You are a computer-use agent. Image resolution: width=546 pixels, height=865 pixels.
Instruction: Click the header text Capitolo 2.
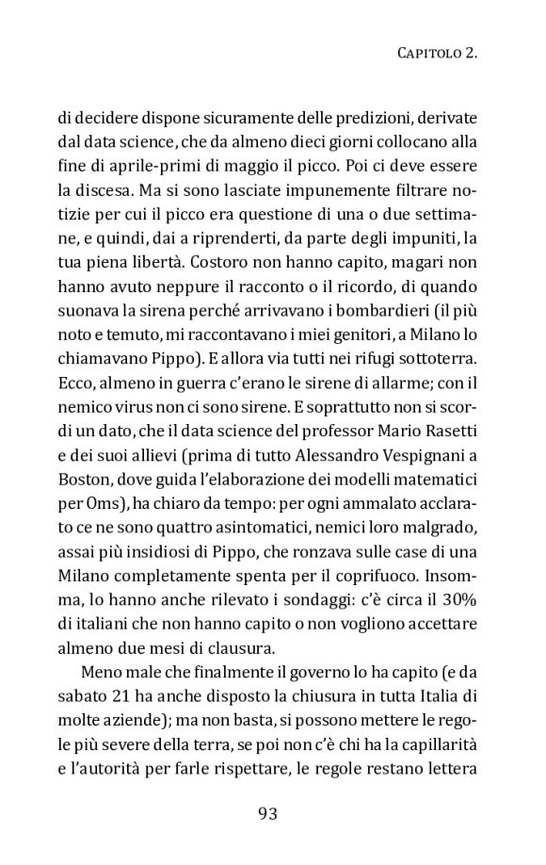(433, 56)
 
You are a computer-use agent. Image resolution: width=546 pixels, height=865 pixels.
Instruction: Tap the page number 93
(273, 813)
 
